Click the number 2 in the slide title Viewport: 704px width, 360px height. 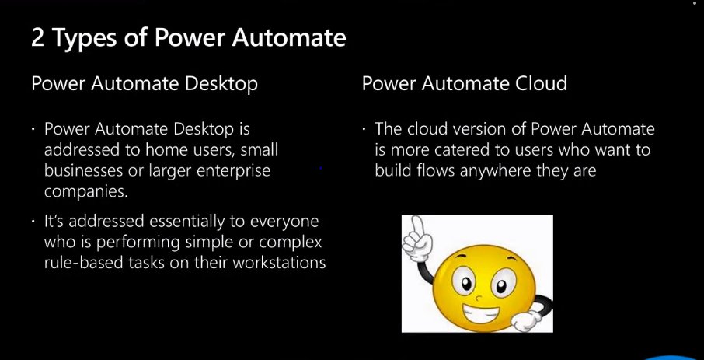point(38,37)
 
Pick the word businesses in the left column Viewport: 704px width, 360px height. point(83,169)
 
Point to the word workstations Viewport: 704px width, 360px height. point(274,263)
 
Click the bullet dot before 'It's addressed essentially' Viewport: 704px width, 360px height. point(33,222)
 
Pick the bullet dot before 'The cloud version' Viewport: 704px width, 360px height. point(364,129)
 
